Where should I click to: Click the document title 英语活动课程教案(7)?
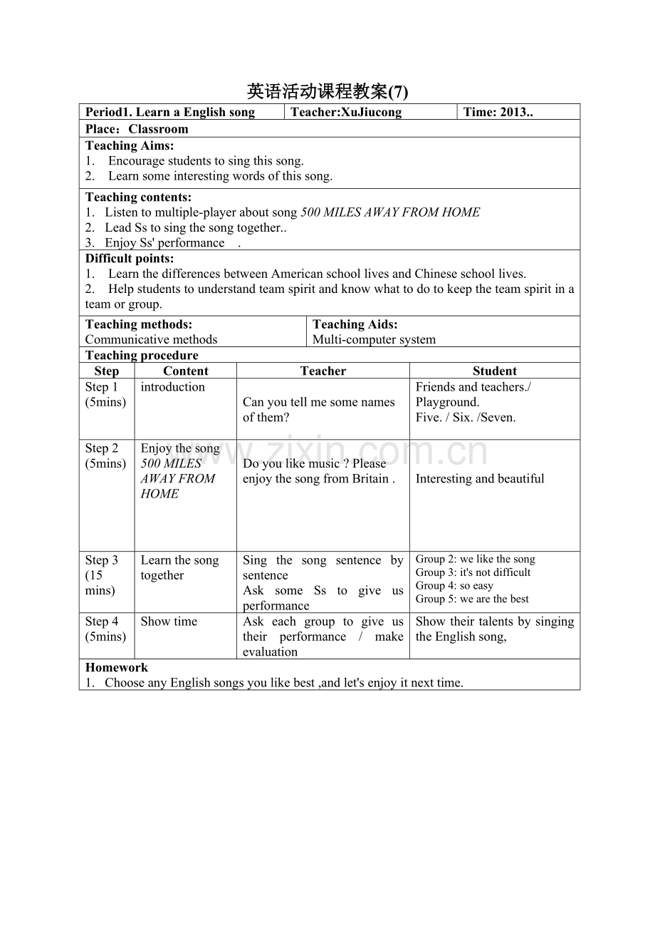click(327, 92)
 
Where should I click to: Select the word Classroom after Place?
click(158, 129)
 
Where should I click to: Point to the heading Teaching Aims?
click(130, 145)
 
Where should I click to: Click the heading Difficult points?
click(130, 259)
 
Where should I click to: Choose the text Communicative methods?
click(151, 339)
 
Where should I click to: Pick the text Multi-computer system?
click(374, 339)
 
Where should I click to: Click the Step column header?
click(107, 371)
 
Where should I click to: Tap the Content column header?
click(186, 371)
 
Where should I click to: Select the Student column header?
click(495, 371)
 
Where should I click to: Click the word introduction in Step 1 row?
click(172, 387)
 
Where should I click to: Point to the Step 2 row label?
click(102, 448)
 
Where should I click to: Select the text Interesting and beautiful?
click(480, 479)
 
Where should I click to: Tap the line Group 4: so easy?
click(454, 586)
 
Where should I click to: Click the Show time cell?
click(169, 622)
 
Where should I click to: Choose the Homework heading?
click(117, 668)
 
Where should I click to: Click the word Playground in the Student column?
click(446, 402)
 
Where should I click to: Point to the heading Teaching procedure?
click(142, 355)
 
